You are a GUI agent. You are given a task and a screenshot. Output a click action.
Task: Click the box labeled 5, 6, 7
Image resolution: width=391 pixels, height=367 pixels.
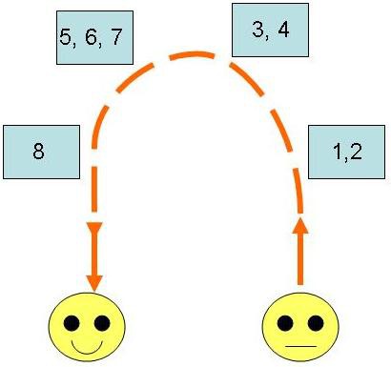tap(94, 37)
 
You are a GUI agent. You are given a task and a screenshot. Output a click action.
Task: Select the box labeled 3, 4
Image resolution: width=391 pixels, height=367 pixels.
tap(270, 30)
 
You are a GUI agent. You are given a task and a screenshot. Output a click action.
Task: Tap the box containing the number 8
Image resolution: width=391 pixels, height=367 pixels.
tap(41, 152)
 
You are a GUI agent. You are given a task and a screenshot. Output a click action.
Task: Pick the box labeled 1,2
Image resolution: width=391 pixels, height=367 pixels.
tap(346, 152)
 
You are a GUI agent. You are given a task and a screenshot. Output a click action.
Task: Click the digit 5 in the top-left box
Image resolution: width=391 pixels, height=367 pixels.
tap(65, 37)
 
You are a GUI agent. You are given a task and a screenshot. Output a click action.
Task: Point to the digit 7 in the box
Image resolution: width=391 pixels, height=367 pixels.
tap(116, 37)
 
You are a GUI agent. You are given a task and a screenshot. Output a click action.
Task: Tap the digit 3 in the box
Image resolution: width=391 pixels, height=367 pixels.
tap(257, 30)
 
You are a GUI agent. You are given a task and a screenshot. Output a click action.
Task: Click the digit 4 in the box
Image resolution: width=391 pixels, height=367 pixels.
tap(283, 30)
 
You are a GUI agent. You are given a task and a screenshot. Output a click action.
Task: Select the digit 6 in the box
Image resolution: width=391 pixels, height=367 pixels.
tap(91, 37)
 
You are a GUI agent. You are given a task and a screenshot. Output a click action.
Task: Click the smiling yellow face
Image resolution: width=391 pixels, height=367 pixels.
tap(87, 327)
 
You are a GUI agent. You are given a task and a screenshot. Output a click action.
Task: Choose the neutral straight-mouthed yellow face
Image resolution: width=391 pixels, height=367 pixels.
tap(300, 327)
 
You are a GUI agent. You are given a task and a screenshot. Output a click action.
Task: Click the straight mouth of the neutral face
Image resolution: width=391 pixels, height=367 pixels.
tap(300, 346)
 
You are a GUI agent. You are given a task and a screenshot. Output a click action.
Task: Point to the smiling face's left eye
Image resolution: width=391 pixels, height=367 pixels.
tap(72, 323)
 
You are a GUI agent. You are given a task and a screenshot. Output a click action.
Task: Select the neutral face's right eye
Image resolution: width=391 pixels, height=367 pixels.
tap(316, 323)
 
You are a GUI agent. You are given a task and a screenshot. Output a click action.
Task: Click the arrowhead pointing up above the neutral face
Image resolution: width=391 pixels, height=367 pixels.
tap(300, 226)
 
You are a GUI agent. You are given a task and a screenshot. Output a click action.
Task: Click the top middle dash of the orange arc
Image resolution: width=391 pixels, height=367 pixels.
tap(192, 55)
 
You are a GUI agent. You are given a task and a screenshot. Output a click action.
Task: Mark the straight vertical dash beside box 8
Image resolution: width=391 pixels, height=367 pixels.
tap(94, 189)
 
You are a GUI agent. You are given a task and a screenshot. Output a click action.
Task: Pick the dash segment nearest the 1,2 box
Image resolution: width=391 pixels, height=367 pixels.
tap(298, 191)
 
